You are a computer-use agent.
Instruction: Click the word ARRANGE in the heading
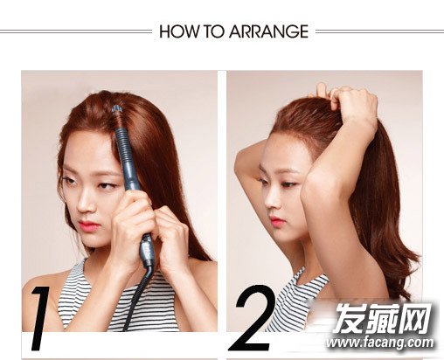tap(268, 31)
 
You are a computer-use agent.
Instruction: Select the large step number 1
tap(39, 318)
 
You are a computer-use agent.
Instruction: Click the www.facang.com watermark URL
tap(380, 343)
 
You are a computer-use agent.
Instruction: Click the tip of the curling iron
tap(117, 109)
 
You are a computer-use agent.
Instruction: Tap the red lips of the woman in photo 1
tap(88, 225)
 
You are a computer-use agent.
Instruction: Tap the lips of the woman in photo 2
tap(276, 221)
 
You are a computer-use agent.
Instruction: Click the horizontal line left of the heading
tap(76, 31)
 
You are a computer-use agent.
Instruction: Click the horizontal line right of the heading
tap(379, 31)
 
